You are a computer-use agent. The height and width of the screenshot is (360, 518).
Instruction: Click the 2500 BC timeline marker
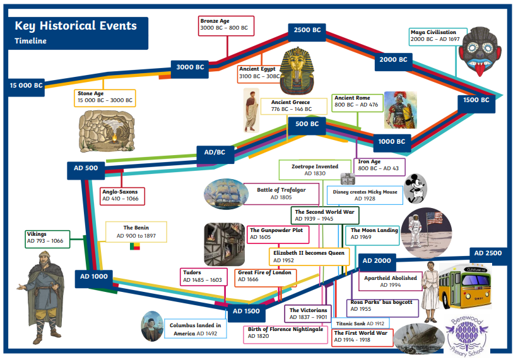pyautogui.click(x=307, y=32)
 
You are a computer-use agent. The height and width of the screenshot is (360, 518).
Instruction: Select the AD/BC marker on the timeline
pyautogui.click(x=215, y=154)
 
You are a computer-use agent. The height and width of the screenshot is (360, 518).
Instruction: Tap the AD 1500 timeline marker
pyautogui.click(x=246, y=313)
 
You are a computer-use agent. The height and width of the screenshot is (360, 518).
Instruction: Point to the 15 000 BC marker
pyautogui.click(x=26, y=88)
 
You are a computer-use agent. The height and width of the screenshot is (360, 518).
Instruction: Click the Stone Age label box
pyautogui.click(x=105, y=98)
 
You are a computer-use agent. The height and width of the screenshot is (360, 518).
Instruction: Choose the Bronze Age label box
pyautogui.click(x=226, y=26)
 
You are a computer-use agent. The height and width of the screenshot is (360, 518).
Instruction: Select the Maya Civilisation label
pyautogui.click(x=438, y=37)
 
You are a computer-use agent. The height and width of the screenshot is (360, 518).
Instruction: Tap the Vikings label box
pyautogui.click(x=47, y=239)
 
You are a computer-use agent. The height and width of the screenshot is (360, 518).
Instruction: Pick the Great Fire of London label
pyautogui.click(x=266, y=278)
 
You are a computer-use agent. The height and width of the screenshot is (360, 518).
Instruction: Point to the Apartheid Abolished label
pyautogui.click(x=390, y=281)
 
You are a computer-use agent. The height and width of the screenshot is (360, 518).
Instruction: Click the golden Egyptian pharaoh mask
pyautogui.click(x=297, y=71)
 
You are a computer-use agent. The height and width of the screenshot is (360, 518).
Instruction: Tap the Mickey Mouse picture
pyautogui.click(x=416, y=189)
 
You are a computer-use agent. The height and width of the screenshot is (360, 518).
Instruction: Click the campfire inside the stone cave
pyautogui.click(x=115, y=137)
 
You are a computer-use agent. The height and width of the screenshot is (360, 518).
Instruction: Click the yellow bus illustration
pyautogui.click(x=465, y=287)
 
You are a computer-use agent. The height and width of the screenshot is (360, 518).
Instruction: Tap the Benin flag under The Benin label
pyautogui.click(x=135, y=246)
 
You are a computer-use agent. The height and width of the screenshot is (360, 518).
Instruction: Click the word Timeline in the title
pyautogui.click(x=30, y=41)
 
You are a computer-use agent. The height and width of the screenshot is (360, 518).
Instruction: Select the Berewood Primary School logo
pyautogui.click(x=466, y=336)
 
